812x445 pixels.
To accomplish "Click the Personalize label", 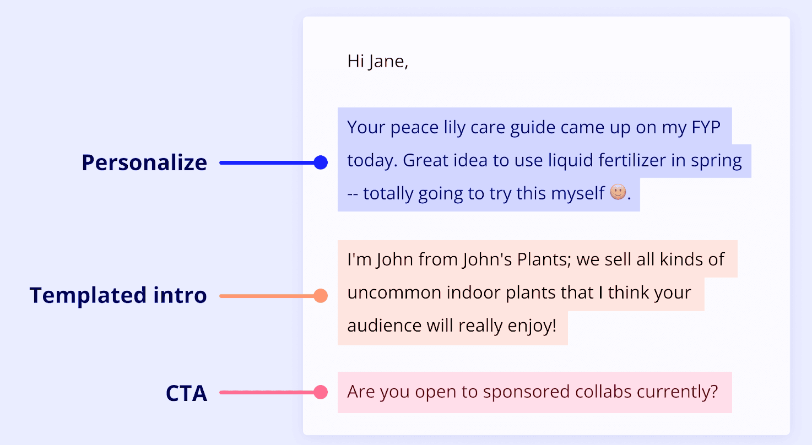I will tap(144, 163).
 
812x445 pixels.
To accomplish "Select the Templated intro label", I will tap(118, 296).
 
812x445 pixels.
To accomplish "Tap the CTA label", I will tap(186, 393).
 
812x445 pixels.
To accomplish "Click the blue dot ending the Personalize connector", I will tap(320, 162).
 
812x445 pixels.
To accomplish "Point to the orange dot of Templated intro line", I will tap(320, 296).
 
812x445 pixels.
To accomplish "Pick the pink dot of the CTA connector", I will tap(320, 392).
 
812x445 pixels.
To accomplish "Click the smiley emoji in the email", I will tap(618, 193).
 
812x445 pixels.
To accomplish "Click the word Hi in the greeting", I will tap(355, 61).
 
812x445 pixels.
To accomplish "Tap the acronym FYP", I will tap(706, 128).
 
